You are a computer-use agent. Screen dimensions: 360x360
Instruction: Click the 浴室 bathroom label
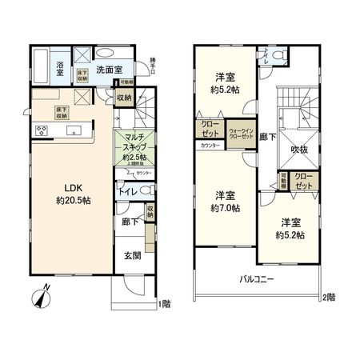60,70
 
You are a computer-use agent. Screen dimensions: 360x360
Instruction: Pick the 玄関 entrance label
131,256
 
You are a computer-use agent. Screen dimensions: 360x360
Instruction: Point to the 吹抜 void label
299,149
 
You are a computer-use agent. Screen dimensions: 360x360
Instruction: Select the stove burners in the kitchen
41,130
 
